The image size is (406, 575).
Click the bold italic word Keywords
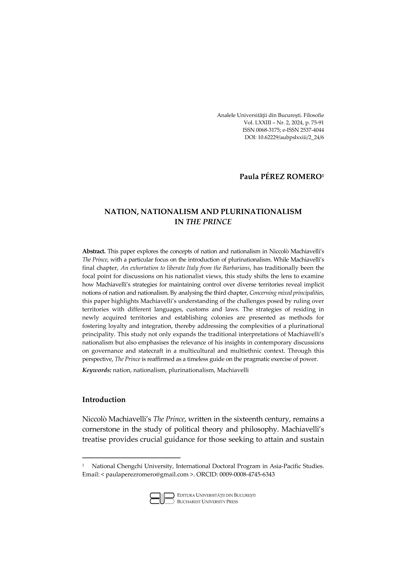pos(97,370)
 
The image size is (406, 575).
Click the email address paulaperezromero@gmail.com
pos(147,475)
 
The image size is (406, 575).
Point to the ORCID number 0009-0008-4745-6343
pos(247,475)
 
